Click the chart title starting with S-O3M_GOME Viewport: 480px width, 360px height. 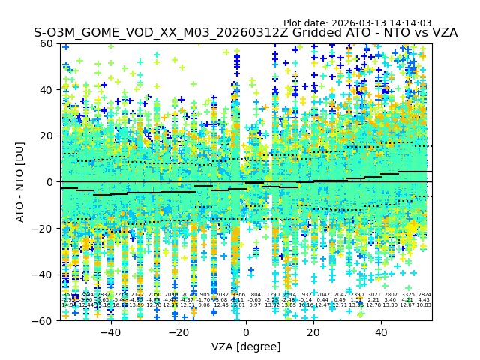(x=245, y=33)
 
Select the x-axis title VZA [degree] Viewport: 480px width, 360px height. (x=246, y=346)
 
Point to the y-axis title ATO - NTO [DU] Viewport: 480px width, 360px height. (x=20, y=181)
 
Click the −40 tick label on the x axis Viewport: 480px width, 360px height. (x=110, y=331)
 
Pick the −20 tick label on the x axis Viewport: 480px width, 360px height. (x=178, y=331)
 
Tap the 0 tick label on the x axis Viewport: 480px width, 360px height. (x=246, y=331)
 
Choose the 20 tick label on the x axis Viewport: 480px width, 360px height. (x=313, y=331)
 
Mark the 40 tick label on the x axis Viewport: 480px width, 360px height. (x=381, y=331)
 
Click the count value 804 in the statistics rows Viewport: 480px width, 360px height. (x=256, y=295)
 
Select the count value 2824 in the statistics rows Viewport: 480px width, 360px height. (x=424, y=295)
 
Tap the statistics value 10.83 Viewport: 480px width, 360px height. (x=424, y=305)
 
